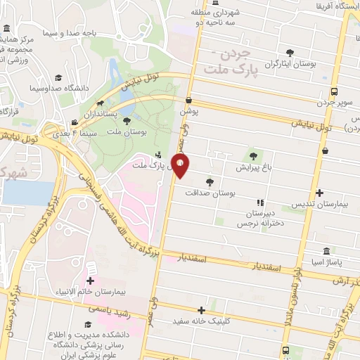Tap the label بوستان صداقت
click(210, 192)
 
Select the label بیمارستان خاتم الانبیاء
click(91, 290)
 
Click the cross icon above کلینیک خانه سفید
click(202, 309)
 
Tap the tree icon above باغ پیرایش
click(252, 156)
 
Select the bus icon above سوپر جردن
click(333, 91)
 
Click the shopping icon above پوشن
click(188, 101)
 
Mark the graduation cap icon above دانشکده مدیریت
click(88, 324)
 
